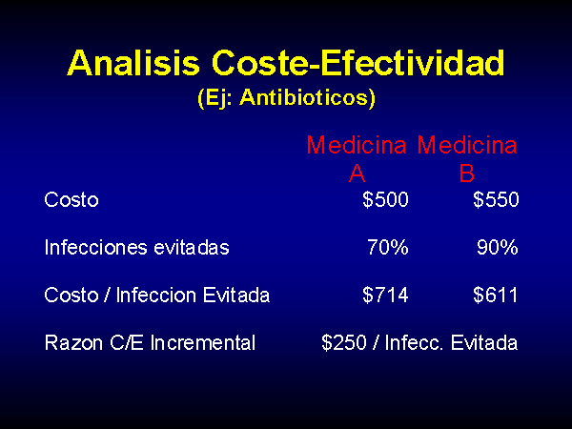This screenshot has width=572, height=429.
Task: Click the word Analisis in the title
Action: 133,63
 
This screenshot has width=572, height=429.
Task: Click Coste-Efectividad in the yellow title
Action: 357,63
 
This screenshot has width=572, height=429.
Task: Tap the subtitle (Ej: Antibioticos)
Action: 286,98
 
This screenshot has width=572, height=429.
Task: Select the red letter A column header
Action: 357,173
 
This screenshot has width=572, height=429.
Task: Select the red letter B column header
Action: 466,173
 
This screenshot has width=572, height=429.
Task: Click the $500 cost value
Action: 385,199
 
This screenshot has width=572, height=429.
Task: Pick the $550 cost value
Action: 496,199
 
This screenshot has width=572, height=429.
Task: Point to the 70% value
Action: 388,247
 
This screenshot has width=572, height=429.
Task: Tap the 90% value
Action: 498,247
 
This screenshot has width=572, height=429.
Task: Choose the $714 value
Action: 385,295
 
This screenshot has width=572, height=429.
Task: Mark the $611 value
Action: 495,295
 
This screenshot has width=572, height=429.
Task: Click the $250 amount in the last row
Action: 344,342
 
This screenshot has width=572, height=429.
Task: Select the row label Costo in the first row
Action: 71,200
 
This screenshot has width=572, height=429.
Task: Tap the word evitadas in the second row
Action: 192,248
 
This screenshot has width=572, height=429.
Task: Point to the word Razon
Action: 73,343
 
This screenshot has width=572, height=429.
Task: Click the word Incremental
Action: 203,343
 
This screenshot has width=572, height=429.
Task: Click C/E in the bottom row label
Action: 127,343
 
